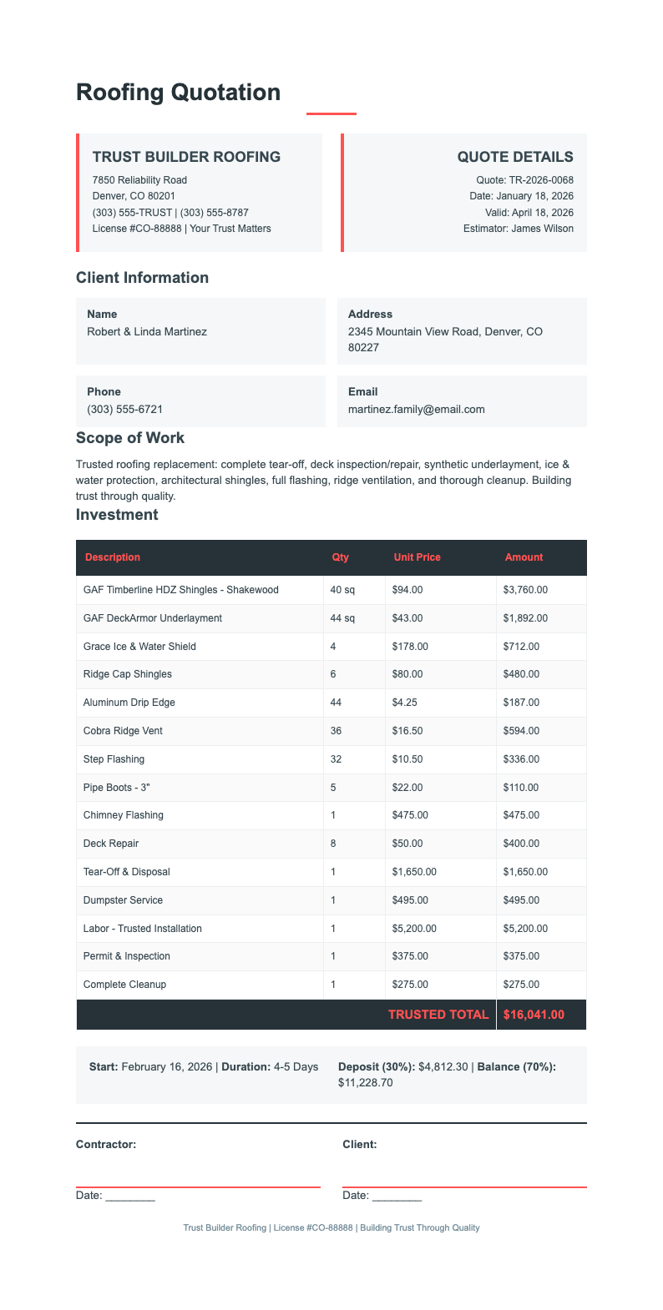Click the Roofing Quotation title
(178, 92)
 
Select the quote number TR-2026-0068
(541, 180)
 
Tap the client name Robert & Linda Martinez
(147, 331)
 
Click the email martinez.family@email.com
(416, 410)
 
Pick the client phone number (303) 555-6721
(124, 410)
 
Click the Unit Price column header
(417, 557)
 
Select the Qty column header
(340, 557)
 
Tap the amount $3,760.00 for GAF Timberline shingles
(525, 590)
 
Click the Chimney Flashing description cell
(124, 815)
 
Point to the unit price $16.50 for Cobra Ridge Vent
(407, 731)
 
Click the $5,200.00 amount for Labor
(525, 929)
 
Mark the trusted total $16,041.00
(534, 1015)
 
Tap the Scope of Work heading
(130, 438)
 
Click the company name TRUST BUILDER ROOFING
(186, 157)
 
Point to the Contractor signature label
(106, 1145)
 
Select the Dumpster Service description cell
(124, 900)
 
